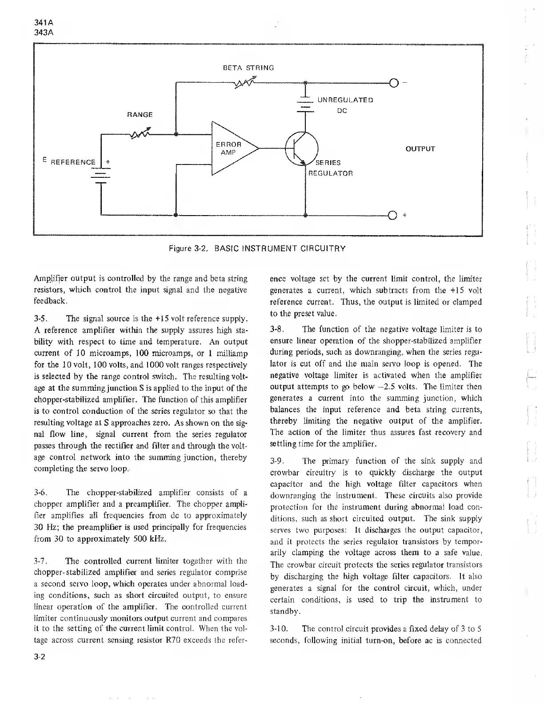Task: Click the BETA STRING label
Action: point(248,68)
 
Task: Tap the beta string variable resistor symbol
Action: point(244,83)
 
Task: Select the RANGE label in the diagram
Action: point(140,115)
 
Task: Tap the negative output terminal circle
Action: point(393,83)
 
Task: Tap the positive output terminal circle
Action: point(393,216)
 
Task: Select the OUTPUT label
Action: point(420,149)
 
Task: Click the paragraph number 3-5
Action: point(40,319)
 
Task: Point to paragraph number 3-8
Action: point(277,329)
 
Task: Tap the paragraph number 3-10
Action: point(279,629)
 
